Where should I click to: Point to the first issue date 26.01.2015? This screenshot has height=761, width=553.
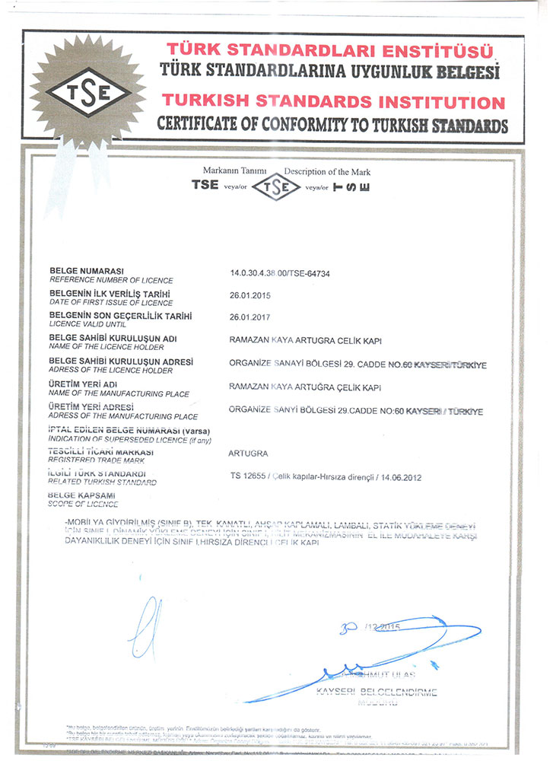point(249,295)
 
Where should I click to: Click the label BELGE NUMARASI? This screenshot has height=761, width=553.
point(86,270)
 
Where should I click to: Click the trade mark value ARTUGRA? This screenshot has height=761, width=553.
point(248,454)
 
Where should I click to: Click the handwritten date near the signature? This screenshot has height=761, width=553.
point(369,626)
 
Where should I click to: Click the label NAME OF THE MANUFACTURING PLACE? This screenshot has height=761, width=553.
point(119,393)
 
